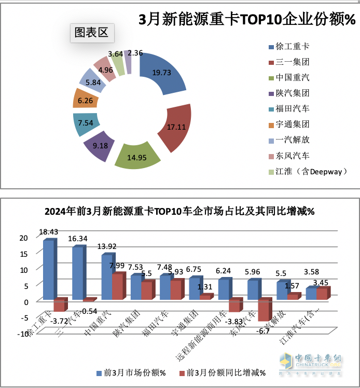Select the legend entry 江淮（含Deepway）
(306, 171)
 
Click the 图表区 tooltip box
(92, 33)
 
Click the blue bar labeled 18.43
(48, 270)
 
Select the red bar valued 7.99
(118, 286)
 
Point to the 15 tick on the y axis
(22, 254)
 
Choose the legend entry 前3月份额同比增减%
(221, 373)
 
